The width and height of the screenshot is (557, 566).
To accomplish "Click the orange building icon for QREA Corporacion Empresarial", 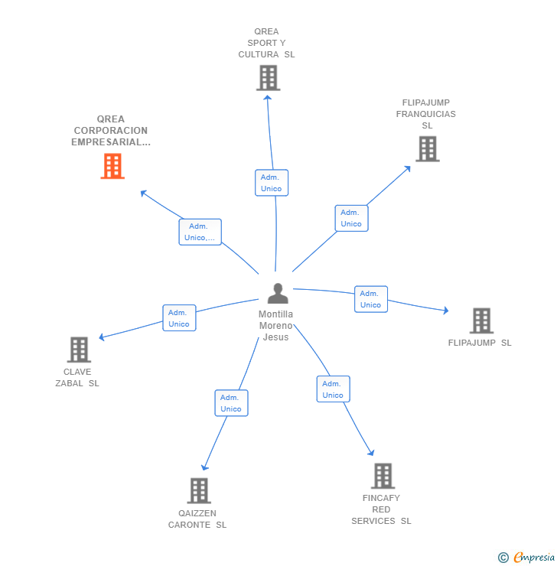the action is [x=112, y=166].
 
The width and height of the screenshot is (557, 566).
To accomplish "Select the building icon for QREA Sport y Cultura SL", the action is [x=268, y=78].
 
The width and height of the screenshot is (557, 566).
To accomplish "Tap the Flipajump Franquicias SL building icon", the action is [x=427, y=149].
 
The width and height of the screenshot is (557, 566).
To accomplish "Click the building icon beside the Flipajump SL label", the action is [x=481, y=321].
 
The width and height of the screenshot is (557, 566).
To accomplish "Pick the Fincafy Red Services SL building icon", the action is [x=383, y=476].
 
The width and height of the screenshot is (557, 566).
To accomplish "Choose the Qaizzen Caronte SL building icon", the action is [x=199, y=490].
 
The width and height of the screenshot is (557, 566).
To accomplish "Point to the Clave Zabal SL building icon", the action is [x=79, y=350].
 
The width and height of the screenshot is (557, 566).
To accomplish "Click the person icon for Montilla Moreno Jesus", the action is [x=278, y=293].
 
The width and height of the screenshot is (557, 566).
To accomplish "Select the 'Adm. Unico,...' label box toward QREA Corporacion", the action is [x=200, y=232].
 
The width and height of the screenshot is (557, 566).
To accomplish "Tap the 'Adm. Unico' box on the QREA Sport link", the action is [x=271, y=183].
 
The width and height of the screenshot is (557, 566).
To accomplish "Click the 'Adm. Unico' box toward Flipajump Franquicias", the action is [x=351, y=218].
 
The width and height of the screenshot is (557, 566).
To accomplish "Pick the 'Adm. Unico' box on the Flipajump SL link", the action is [x=370, y=299].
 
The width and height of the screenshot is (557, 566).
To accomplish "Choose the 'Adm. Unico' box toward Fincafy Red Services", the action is [x=333, y=389].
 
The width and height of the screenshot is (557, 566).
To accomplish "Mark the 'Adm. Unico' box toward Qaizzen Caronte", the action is [x=231, y=403].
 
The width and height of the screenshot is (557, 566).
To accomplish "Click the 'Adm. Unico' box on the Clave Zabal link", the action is [x=179, y=318].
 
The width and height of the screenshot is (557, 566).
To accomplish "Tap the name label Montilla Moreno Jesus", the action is [x=275, y=326].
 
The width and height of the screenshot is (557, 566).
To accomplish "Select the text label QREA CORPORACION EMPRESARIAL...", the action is [x=111, y=131].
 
